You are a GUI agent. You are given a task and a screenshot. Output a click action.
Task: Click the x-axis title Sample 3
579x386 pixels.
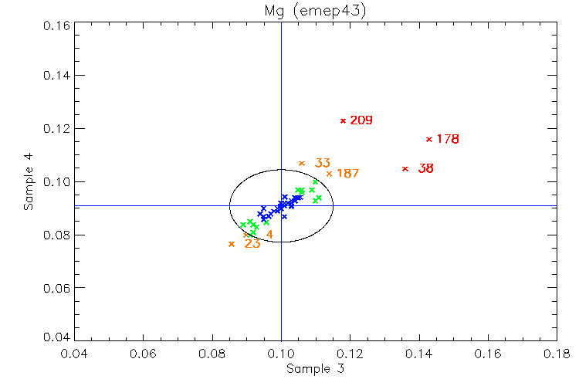315,369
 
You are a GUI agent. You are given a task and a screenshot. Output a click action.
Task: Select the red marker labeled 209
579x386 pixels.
343,120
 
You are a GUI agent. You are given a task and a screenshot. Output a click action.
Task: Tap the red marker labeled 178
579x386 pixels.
429,139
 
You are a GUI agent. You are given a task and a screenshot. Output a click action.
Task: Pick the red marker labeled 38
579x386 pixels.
405,168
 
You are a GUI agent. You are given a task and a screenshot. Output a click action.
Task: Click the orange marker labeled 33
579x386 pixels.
302,163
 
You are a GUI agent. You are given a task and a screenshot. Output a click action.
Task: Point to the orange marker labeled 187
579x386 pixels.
330,174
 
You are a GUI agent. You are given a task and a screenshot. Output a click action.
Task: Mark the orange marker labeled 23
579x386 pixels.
232,244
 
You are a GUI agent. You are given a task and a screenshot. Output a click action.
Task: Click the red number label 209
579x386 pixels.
361,120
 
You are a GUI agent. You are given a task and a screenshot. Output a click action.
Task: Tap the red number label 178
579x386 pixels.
448,140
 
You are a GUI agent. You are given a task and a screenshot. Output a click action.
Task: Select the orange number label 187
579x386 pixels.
348,174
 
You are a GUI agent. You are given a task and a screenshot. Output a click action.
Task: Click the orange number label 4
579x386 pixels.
269,235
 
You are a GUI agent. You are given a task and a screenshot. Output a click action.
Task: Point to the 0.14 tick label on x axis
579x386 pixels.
419,354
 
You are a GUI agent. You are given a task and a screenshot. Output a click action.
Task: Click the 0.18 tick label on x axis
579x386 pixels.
557,354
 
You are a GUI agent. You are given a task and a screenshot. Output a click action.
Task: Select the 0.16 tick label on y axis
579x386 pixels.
56,24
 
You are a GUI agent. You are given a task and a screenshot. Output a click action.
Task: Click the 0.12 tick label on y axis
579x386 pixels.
56,128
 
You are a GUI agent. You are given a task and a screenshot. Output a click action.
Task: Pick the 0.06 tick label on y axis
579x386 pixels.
56,288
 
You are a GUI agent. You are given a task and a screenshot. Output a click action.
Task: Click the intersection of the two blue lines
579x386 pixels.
281,205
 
